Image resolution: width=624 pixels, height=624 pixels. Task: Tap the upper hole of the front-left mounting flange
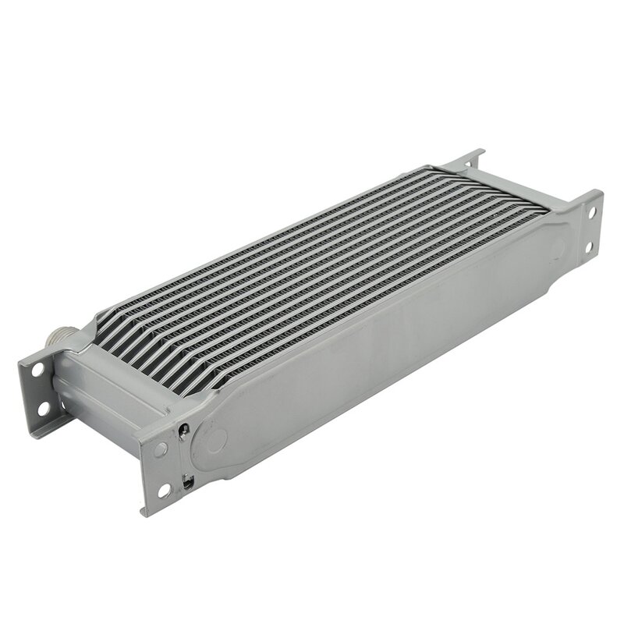160,449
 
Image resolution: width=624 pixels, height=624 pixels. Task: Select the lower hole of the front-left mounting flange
166,490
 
